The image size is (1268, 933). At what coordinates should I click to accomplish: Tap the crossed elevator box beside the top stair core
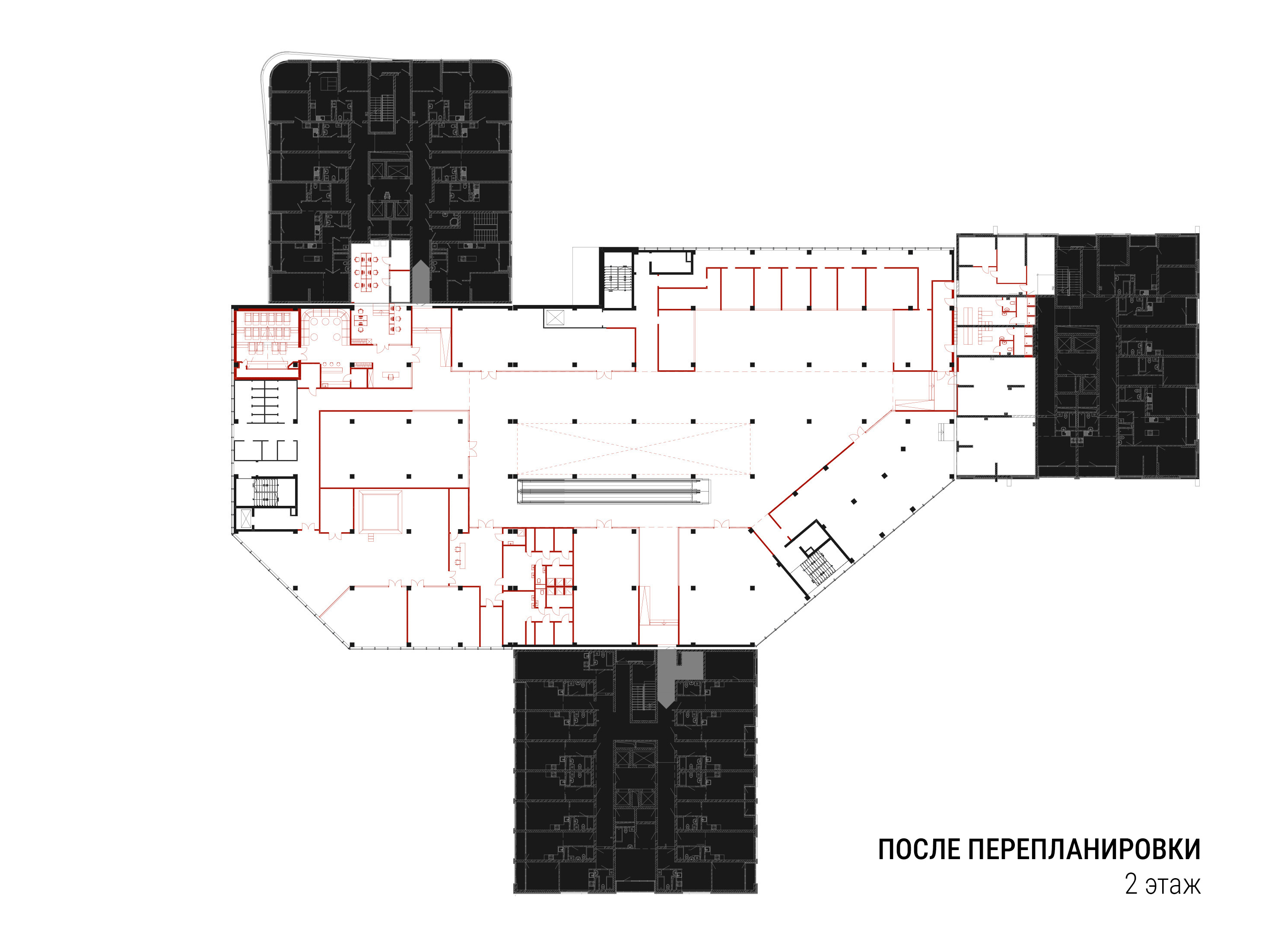click(x=555, y=318)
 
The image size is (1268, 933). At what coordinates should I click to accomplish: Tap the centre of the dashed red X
click(x=634, y=448)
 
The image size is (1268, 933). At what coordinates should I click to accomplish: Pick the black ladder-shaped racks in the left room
click(x=264, y=402)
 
